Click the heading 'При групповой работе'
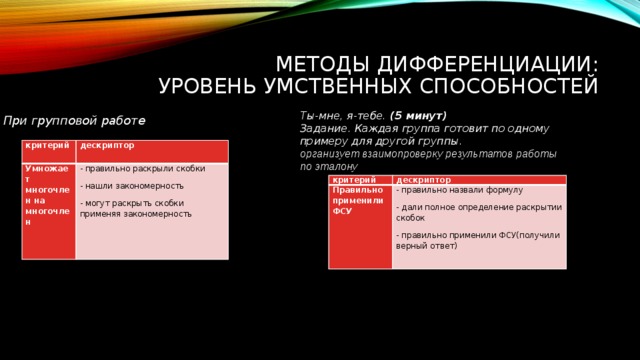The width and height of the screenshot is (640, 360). pyautogui.click(x=73, y=121)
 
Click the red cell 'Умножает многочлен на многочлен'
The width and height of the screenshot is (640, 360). pyautogui.click(x=47, y=195)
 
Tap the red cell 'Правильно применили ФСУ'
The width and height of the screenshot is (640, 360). pyautogui.click(x=357, y=200)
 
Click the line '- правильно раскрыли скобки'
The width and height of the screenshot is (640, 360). pyautogui.click(x=143, y=169)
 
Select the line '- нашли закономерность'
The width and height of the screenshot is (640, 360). pyautogui.click(x=132, y=186)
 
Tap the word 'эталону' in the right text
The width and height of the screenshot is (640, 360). pyautogui.click(x=338, y=166)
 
